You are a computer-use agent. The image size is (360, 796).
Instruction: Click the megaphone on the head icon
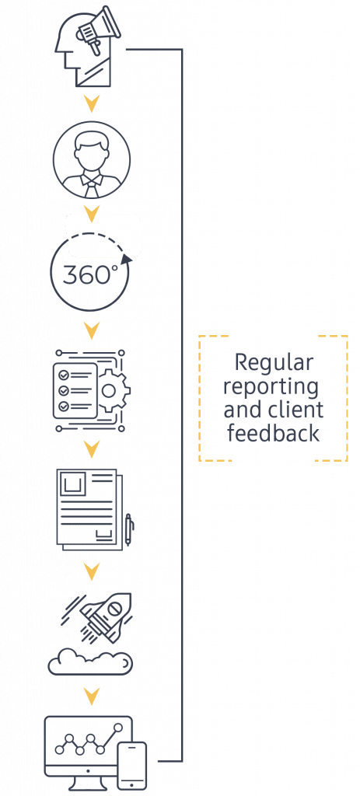coord(99,29)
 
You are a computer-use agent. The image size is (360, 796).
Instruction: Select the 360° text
coord(90,274)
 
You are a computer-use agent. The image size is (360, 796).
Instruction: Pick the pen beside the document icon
coord(128,529)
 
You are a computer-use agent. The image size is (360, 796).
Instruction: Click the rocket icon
coord(104,616)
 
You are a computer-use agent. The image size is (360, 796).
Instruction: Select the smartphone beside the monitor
coord(132,766)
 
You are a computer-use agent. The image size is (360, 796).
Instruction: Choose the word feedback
coord(273,433)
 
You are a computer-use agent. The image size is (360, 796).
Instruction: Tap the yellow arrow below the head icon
coord(92,104)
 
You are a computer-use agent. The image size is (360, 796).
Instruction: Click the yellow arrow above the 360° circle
coord(92,215)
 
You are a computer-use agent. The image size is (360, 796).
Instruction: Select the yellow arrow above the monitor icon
coord(92,696)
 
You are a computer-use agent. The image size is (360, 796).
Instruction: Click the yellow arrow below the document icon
coord(92,572)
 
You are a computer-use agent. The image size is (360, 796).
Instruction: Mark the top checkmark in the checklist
coord(64,375)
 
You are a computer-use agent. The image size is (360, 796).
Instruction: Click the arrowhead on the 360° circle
coord(128,259)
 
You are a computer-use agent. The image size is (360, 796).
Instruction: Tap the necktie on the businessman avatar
coord(92,189)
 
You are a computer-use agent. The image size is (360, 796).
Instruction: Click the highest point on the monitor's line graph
coord(118,728)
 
